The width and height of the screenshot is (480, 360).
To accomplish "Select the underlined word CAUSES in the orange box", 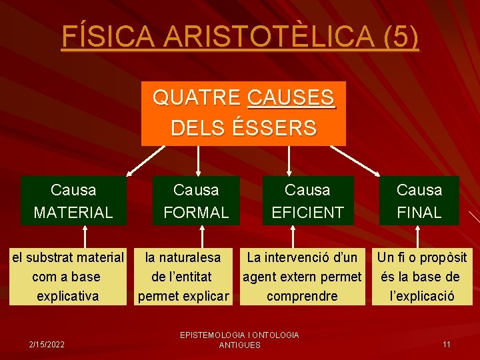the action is (x=291, y=98).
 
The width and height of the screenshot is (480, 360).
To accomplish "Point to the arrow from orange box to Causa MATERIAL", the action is (x=145, y=160).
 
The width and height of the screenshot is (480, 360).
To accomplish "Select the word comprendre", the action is (x=302, y=295).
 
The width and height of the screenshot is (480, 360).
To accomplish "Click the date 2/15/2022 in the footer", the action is (x=46, y=345).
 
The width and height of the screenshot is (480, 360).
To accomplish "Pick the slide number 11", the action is (x=447, y=345).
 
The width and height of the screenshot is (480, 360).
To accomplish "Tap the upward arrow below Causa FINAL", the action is (x=419, y=237).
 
